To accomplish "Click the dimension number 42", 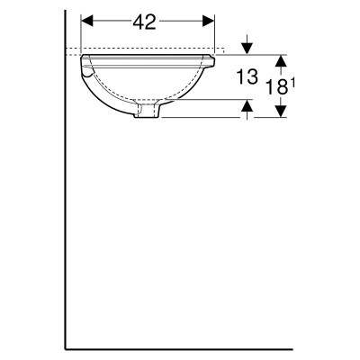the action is [144, 22].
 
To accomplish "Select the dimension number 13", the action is [247, 76].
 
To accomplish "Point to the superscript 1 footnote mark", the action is [292, 84].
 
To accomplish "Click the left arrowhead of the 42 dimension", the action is [87, 22].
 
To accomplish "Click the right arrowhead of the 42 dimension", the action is [209, 22].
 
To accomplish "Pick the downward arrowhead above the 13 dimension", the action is [247, 49].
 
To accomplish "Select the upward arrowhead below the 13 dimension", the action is [247, 105].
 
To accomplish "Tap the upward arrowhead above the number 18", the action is [280, 60].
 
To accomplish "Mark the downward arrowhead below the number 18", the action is [280, 112].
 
